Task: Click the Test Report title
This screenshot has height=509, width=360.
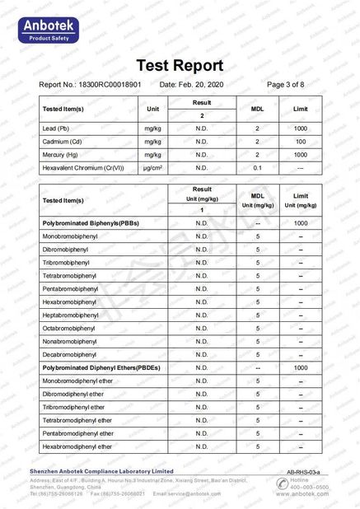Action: [x=180, y=66]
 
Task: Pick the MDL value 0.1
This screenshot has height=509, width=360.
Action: [x=257, y=168]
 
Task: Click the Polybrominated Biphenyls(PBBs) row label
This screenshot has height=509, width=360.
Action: [x=90, y=223]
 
